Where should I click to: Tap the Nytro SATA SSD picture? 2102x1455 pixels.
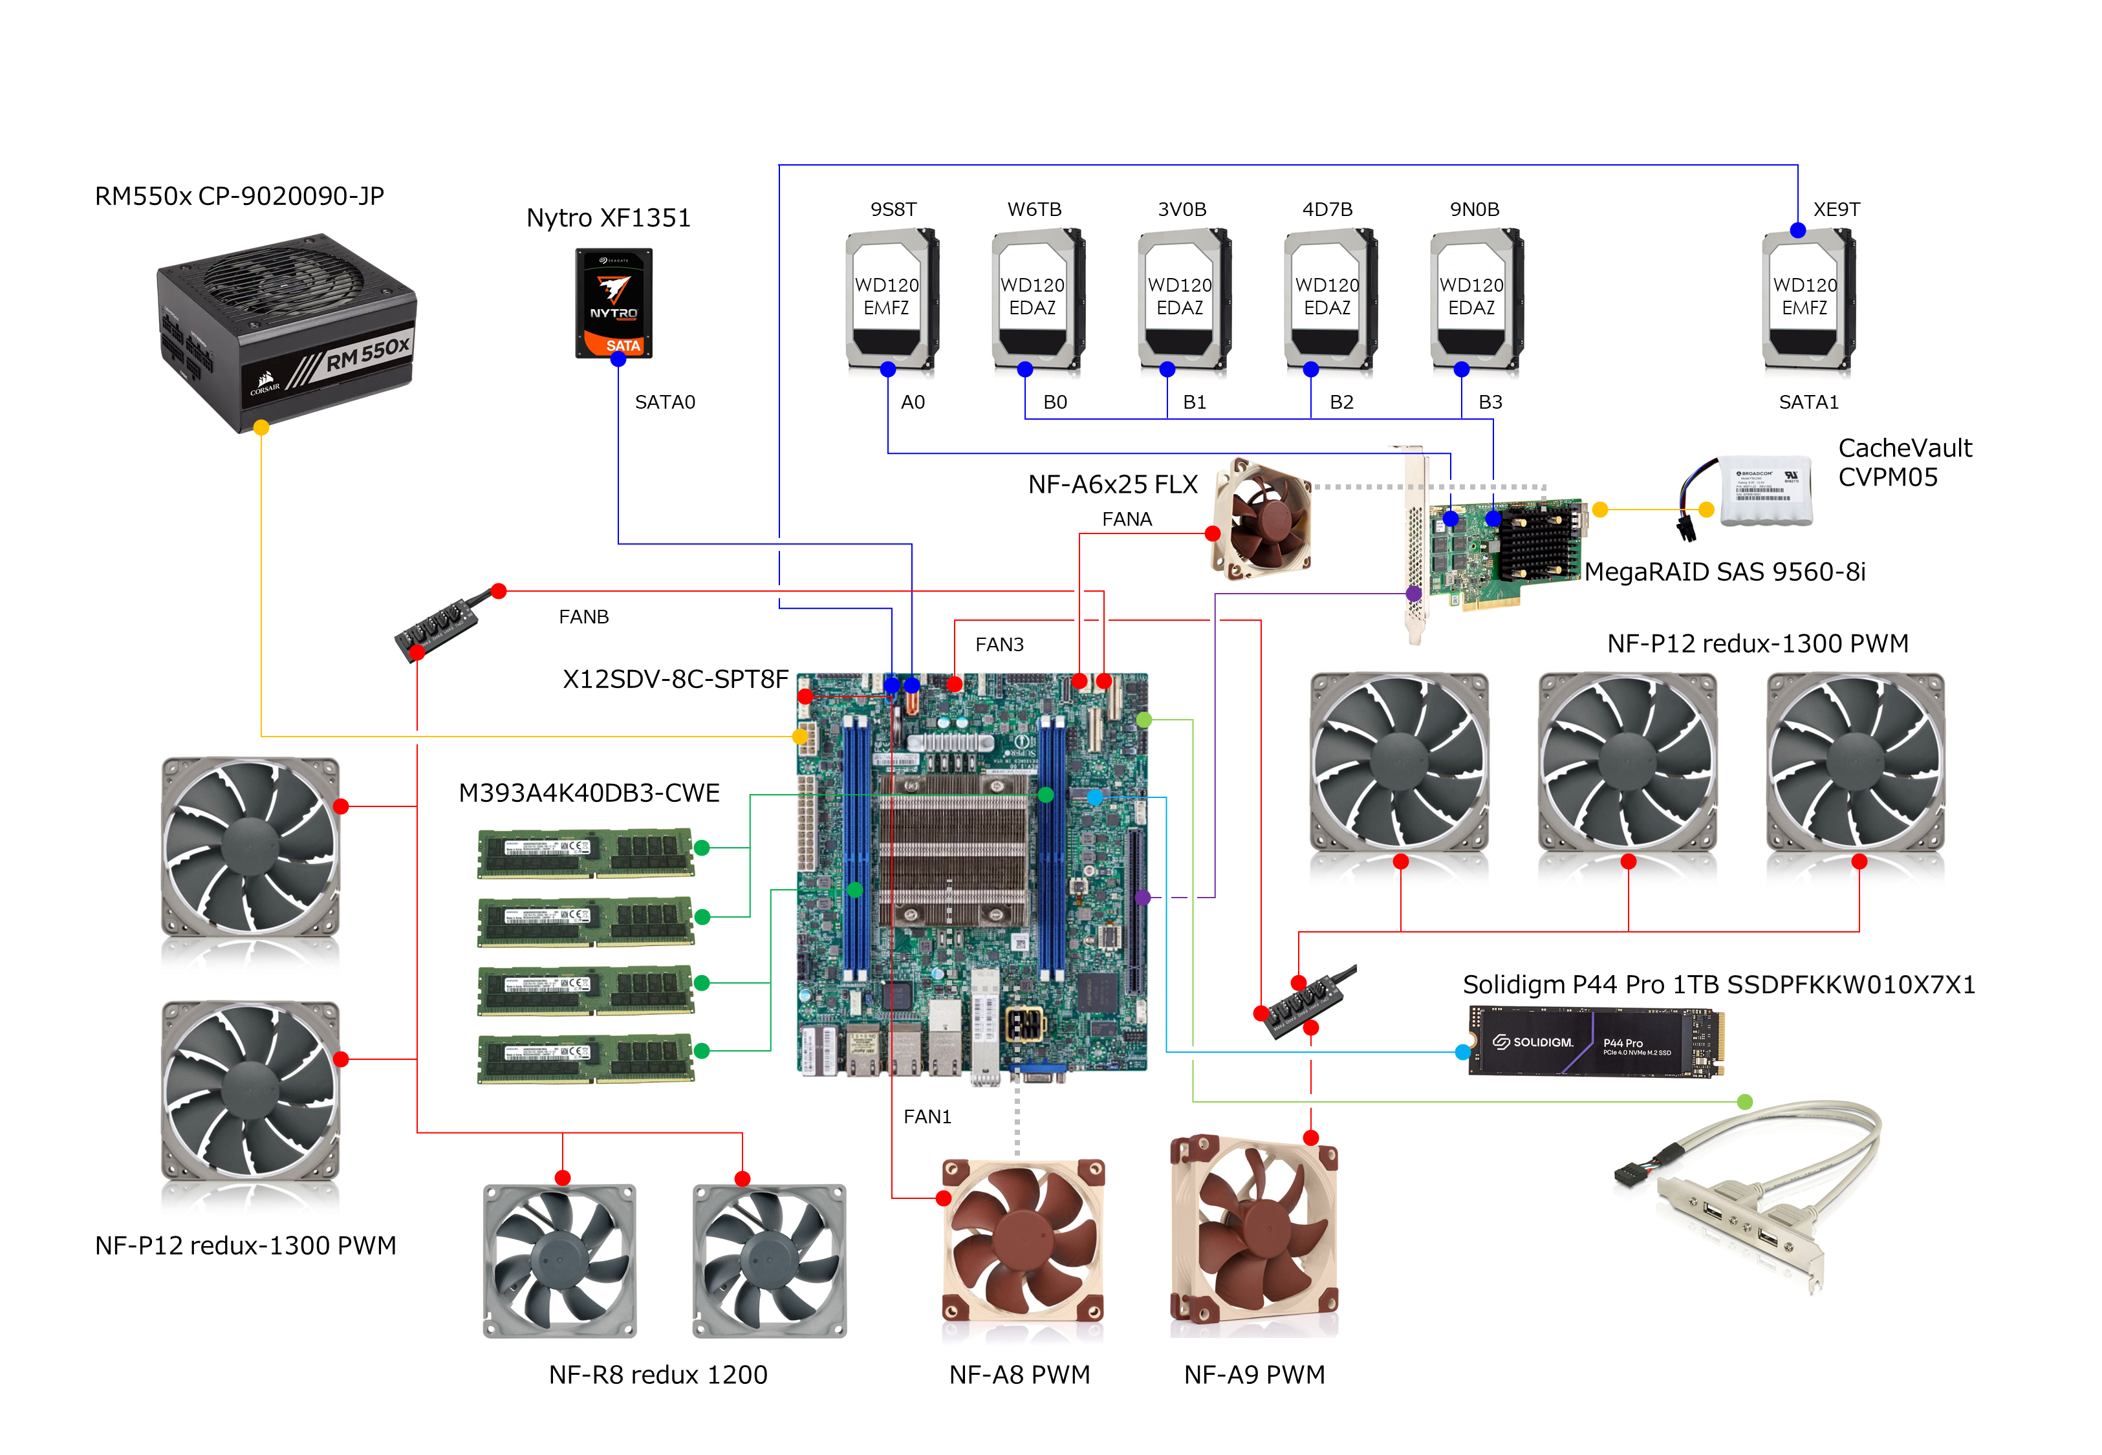pyautogui.click(x=614, y=303)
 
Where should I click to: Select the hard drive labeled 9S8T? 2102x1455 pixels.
pyautogui.click(x=891, y=299)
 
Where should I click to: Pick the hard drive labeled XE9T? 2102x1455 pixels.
pyautogui.click(x=1808, y=299)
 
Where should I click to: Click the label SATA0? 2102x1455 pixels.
pyautogui.click(x=664, y=402)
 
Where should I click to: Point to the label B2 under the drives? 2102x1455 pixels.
pyautogui.click(x=1341, y=402)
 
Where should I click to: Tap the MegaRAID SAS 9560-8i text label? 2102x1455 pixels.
pyautogui.click(x=1725, y=572)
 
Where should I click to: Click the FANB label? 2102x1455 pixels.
pyautogui.click(x=583, y=617)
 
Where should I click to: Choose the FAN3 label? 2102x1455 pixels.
pyautogui.click(x=999, y=645)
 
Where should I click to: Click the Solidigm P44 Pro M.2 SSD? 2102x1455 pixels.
pyautogui.click(x=1595, y=1042)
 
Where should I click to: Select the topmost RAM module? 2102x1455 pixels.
pyautogui.click(x=585, y=852)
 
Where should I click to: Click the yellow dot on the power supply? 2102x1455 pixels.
pyautogui.click(x=261, y=427)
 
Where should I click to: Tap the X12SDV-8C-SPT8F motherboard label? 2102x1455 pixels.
pyautogui.click(x=675, y=679)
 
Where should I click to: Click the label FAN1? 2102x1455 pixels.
pyautogui.click(x=927, y=1117)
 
